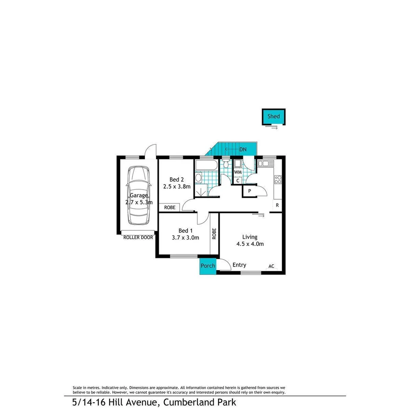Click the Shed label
(273, 116)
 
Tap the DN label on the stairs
(243, 150)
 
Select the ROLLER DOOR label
(138, 237)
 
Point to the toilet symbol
(226, 164)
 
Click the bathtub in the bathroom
(206, 165)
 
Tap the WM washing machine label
(238, 172)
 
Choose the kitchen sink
(265, 164)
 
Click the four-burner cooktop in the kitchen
(278, 179)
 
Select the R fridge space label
(277, 205)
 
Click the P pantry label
(249, 191)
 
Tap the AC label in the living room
(271, 266)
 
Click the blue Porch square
(208, 266)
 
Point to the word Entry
(239, 265)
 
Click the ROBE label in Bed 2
(170, 208)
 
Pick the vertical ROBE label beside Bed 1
(214, 233)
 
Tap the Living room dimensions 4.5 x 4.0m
(250, 244)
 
